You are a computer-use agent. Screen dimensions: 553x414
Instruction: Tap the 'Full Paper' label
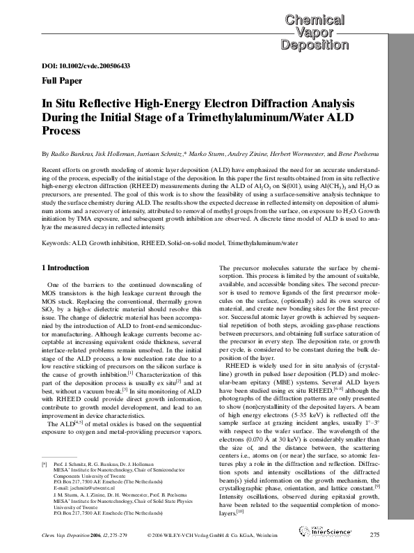[61, 80]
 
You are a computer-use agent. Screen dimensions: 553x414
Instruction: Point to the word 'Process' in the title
[63, 130]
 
